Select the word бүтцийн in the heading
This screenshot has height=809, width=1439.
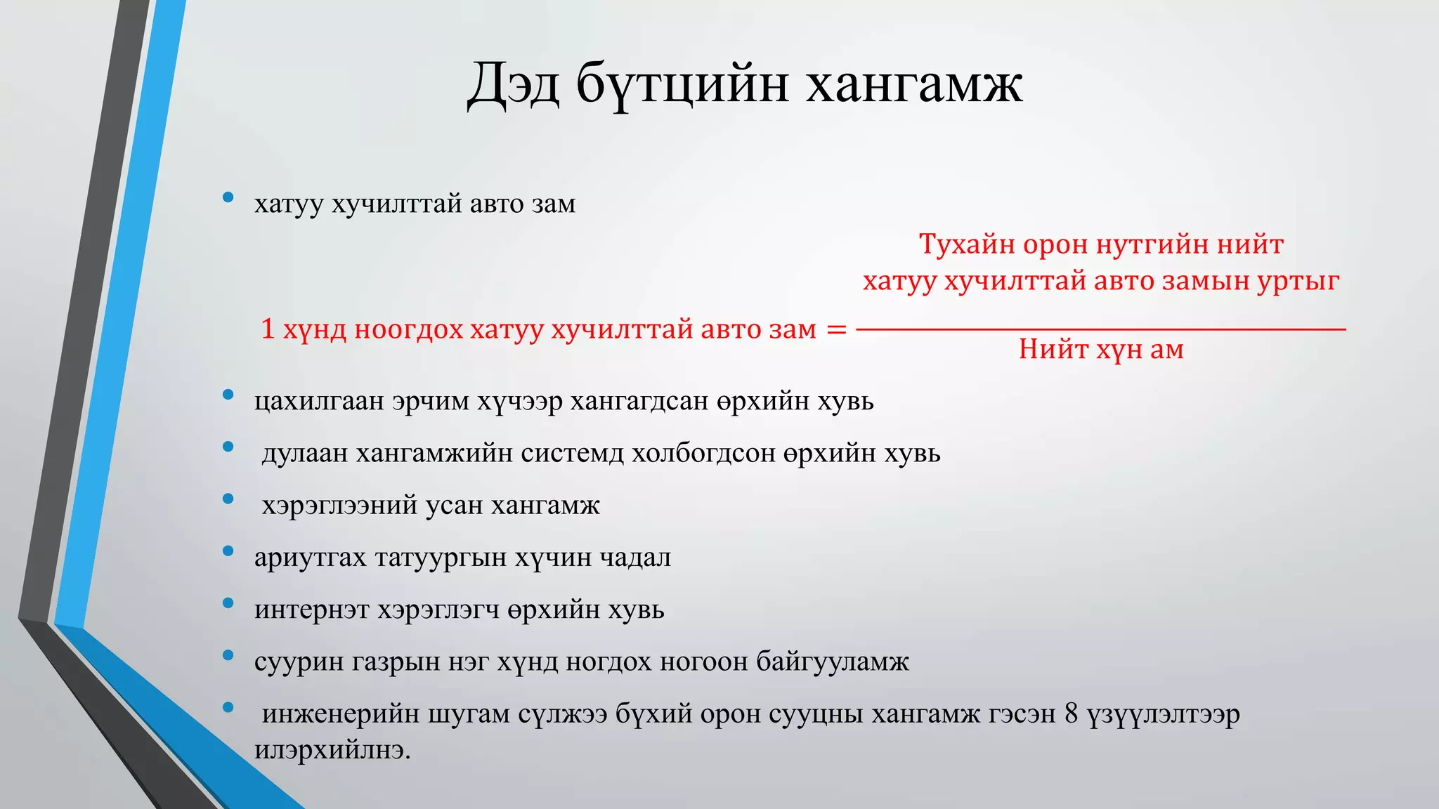point(682,86)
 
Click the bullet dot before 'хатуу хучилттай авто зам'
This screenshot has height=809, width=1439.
point(228,198)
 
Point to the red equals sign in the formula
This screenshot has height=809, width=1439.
point(836,329)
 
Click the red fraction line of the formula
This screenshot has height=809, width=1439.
point(1101,329)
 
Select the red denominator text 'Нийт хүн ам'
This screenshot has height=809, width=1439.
point(1101,349)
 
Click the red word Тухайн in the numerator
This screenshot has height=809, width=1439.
point(968,244)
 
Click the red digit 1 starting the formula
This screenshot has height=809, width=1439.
point(268,329)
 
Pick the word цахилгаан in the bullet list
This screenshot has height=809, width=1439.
point(320,401)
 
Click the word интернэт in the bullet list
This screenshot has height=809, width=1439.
point(312,610)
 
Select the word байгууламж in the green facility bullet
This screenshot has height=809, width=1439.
point(833,662)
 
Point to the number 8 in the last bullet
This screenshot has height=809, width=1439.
point(1071,713)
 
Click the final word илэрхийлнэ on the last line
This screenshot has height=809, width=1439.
point(332,750)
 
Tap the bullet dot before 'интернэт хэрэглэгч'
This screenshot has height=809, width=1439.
point(228,603)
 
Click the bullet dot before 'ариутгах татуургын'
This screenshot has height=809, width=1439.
point(228,551)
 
